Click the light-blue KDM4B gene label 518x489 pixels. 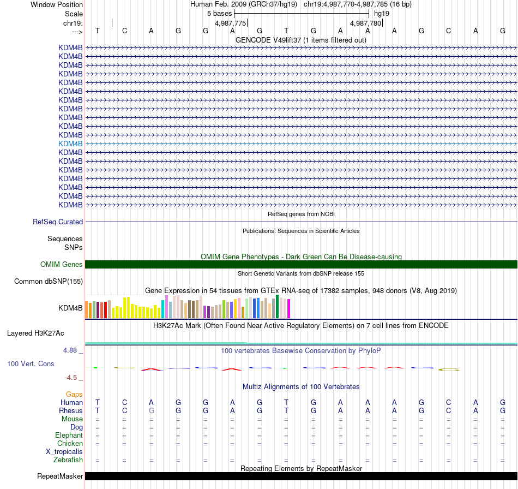[x=70, y=144]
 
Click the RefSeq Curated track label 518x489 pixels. [x=58, y=222]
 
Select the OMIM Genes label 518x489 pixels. [x=62, y=265]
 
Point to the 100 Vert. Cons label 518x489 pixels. [x=31, y=363]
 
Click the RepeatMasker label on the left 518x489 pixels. [x=60, y=476]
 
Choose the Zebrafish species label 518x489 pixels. [x=68, y=460]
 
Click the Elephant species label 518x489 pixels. [x=69, y=436]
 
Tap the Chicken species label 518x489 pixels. [x=70, y=444]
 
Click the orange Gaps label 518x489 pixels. [x=74, y=394]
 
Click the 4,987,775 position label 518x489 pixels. [x=231, y=23]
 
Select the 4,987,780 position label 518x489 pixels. [x=366, y=23]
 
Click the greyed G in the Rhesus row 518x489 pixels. [x=152, y=410]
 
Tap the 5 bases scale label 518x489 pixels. [x=219, y=13]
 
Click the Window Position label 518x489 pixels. [x=57, y=4]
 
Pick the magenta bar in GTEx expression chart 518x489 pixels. [x=288, y=309]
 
